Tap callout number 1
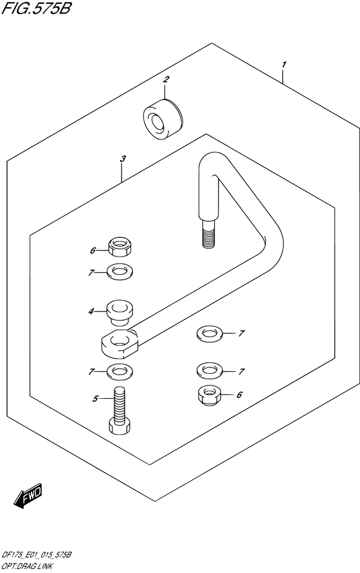(x=284, y=65)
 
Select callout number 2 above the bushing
(x=166, y=79)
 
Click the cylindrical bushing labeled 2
(x=163, y=119)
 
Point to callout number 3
(x=123, y=159)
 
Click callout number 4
(x=91, y=312)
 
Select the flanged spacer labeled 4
(x=120, y=313)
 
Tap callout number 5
(x=95, y=399)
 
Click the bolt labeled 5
(x=120, y=410)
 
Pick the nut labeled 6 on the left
(x=120, y=247)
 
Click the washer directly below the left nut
(x=120, y=272)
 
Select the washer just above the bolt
(x=120, y=372)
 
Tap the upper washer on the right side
(x=210, y=334)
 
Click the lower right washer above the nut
(x=210, y=371)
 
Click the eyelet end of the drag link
(x=120, y=343)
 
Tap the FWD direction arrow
(x=28, y=496)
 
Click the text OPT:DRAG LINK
(x=28, y=567)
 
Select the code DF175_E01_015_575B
(x=36, y=555)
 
